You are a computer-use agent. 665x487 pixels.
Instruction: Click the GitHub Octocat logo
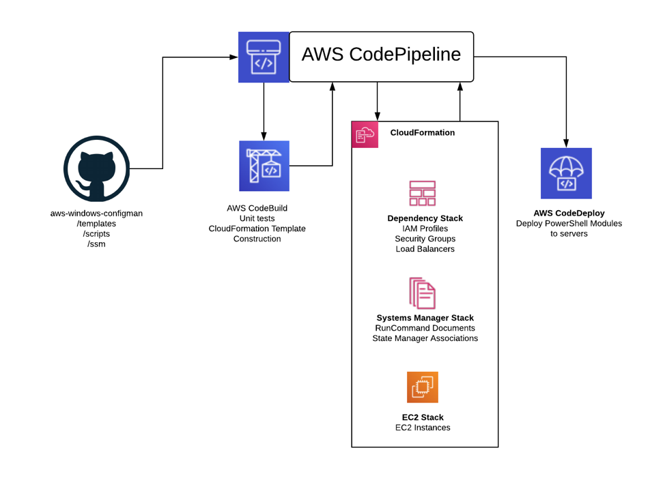[97, 168]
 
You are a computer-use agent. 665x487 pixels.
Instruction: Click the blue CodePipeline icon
[264, 57]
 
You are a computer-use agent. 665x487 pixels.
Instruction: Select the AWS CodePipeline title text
[381, 55]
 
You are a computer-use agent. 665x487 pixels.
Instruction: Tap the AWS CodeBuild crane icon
[264, 166]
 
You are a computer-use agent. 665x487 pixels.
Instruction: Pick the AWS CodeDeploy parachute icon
[566, 173]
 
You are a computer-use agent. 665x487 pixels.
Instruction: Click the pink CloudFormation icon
[365, 135]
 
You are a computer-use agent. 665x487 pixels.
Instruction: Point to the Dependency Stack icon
[423, 193]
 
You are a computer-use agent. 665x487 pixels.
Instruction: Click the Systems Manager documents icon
[423, 293]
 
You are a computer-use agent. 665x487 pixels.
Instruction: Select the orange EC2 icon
[423, 387]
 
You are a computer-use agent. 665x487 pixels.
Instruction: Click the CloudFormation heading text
[423, 133]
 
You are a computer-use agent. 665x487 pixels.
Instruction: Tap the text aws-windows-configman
[97, 213]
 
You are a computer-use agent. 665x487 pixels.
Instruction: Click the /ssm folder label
[97, 243]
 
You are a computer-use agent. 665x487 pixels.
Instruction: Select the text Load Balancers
[425, 249]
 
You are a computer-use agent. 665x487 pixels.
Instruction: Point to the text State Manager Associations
[425, 338]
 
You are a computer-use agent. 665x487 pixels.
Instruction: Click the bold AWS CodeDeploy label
[569, 213]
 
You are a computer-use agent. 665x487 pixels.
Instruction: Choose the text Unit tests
[257, 218]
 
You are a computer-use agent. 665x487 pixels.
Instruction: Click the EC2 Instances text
[423, 428]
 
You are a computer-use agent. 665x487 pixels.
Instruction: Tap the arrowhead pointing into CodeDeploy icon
[566, 143]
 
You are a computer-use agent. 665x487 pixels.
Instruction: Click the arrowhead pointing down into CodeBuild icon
[264, 136]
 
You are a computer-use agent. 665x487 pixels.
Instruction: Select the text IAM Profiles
[425, 228]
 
